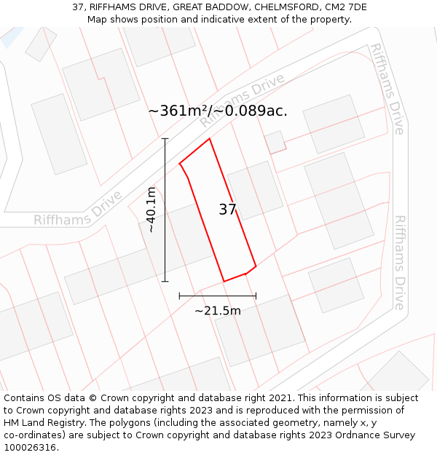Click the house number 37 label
(x=228, y=210)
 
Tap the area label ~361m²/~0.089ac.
(x=218, y=111)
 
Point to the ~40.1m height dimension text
(x=151, y=210)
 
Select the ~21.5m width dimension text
(x=217, y=311)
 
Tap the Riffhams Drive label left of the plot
(x=78, y=210)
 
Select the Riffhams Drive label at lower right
(x=400, y=262)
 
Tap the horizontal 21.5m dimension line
(x=217, y=296)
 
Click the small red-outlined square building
(x=275, y=142)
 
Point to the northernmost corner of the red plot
(x=210, y=138)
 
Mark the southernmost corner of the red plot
(x=224, y=281)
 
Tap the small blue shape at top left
(x=11, y=36)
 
